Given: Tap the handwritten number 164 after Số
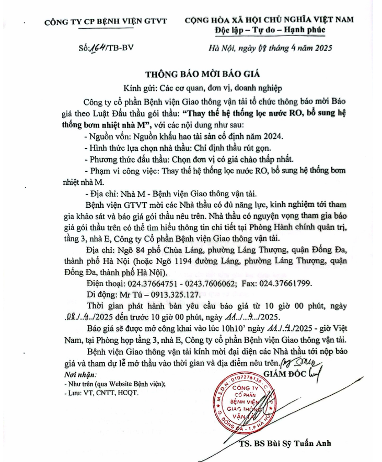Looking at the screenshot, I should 99,48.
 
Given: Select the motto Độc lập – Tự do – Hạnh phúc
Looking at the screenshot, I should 270,30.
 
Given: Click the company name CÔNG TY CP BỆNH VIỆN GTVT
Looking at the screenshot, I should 106,21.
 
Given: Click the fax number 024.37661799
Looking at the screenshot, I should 286,283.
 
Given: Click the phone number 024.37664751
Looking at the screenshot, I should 148,283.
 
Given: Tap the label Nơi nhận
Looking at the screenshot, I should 66,375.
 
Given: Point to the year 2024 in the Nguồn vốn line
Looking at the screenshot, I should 270,137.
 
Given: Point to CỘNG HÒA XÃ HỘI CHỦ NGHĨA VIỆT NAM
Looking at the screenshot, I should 269,20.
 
